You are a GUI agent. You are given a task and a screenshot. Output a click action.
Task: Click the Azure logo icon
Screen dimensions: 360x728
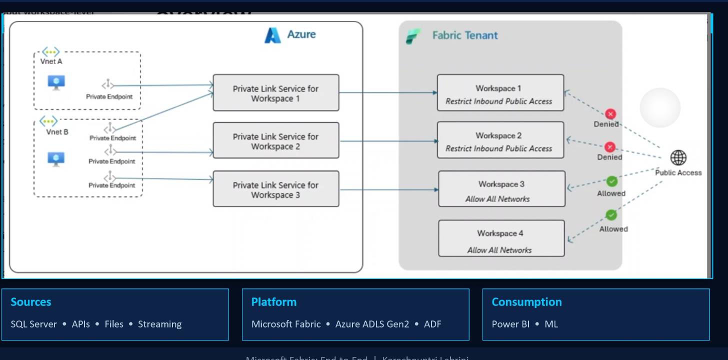coord(272,35)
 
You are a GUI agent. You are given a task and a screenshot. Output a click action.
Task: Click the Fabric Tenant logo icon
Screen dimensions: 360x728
coord(413,36)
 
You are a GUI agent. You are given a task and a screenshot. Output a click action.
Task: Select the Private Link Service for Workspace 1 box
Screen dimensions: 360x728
coord(275,93)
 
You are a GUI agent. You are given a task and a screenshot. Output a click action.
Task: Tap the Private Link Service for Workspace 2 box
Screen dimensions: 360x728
coord(275,141)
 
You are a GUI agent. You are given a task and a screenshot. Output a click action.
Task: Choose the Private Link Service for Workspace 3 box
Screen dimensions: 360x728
coord(275,189)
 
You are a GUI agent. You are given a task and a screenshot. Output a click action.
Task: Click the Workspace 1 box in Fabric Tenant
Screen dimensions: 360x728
coord(500,93)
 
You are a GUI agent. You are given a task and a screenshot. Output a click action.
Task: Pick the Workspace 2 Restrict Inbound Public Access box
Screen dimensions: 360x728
coord(500,140)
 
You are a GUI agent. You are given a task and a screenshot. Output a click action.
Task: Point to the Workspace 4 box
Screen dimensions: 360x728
coord(501,239)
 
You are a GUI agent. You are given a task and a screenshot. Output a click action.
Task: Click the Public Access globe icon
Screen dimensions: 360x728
coord(678,158)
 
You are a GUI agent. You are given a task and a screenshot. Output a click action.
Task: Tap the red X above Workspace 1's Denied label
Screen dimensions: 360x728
coord(610,114)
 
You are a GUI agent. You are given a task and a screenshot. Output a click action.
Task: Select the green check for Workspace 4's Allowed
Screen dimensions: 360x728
coord(611,215)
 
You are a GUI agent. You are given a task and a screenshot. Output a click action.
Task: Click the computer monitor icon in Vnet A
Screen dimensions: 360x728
coord(56,82)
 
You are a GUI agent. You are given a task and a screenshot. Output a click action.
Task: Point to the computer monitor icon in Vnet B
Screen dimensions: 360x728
coord(56,159)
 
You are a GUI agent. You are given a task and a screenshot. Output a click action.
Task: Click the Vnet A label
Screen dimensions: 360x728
coord(51,61)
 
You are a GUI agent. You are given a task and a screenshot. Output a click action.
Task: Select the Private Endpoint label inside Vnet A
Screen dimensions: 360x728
coord(109,96)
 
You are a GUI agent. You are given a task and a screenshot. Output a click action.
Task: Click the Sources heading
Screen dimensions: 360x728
coord(31,302)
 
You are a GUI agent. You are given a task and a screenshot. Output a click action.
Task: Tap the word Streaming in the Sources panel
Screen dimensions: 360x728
coord(159,324)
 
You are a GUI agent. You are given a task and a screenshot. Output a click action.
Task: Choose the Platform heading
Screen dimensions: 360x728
coord(273,302)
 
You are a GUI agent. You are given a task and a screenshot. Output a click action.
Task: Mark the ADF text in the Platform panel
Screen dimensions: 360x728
coord(432,324)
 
